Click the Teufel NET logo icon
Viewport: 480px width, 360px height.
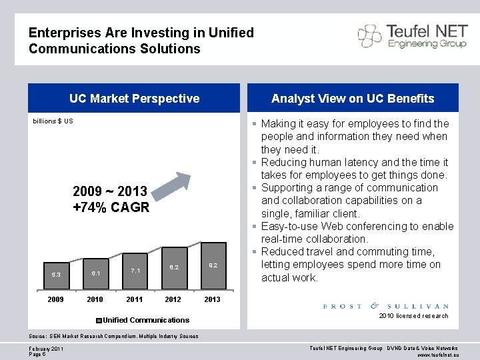(x=370, y=35)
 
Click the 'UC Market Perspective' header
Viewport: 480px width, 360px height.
(x=134, y=99)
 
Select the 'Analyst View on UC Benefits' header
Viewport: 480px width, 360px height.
(x=353, y=99)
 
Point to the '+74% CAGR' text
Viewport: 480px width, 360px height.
(x=111, y=207)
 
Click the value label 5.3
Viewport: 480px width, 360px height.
(x=56, y=275)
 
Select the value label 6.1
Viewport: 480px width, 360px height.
(x=95, y=273)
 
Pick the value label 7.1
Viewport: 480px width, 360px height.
(x=135, y=271)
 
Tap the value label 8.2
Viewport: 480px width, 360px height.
(x=173, y=267)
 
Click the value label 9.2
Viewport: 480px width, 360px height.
(x=212, y=265)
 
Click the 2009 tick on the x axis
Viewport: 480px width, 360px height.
(x=56, y=299)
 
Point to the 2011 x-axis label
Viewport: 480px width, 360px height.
(x=134, y=299)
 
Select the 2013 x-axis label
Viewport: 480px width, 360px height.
(x=212, y=299)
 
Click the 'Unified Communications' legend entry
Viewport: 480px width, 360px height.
(x=145, y=320)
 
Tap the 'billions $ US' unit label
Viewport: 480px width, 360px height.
(x=53, y=121)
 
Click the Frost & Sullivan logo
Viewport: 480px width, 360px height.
(x=385, y=306)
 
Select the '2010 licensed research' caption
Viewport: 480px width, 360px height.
(x=413, y=316)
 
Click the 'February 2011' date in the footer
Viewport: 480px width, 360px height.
(x=46, y=349)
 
